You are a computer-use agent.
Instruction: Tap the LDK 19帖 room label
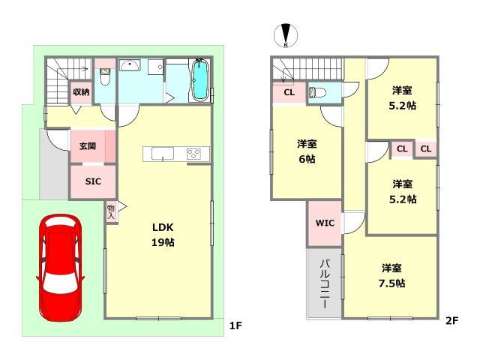click(163, 234)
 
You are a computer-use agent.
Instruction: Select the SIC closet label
click(93, 181)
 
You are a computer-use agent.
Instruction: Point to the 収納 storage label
click(81, 92)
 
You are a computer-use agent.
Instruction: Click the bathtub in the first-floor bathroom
click(200, 80)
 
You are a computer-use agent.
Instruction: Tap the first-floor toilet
click(105, 76)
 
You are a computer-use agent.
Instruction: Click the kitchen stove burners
click(194, 154)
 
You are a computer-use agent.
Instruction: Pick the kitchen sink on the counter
click(163, 154)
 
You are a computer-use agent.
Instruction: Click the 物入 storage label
click(111, 211)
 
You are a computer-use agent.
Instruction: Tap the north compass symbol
click(285, 35)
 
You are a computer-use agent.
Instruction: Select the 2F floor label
click(451, 321)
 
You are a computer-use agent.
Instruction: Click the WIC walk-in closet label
click(324, 223)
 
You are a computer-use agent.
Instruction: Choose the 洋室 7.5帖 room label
click(392, 275)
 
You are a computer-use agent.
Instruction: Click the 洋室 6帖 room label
click(306, 151)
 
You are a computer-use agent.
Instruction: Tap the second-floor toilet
click(316, 92)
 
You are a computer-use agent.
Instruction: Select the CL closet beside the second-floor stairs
click(289, 92)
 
